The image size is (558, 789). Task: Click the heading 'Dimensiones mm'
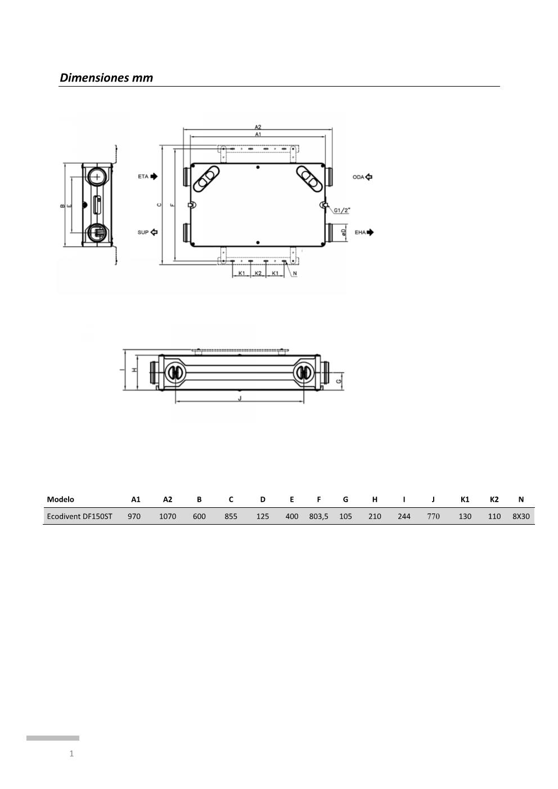pos(106,78)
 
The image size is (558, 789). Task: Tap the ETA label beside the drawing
pos(143,177)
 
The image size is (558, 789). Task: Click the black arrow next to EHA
pos(370,232)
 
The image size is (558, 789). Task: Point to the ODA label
pos(358,177)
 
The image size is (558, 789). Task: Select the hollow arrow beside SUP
pos(154,232)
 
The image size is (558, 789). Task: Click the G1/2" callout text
pos(342,210)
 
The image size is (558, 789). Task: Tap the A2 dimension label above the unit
pos(258,127)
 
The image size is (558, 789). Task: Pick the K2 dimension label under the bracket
pos(258,273)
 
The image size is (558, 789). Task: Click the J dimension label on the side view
pos(240,398)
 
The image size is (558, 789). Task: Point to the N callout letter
pos(295,273)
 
